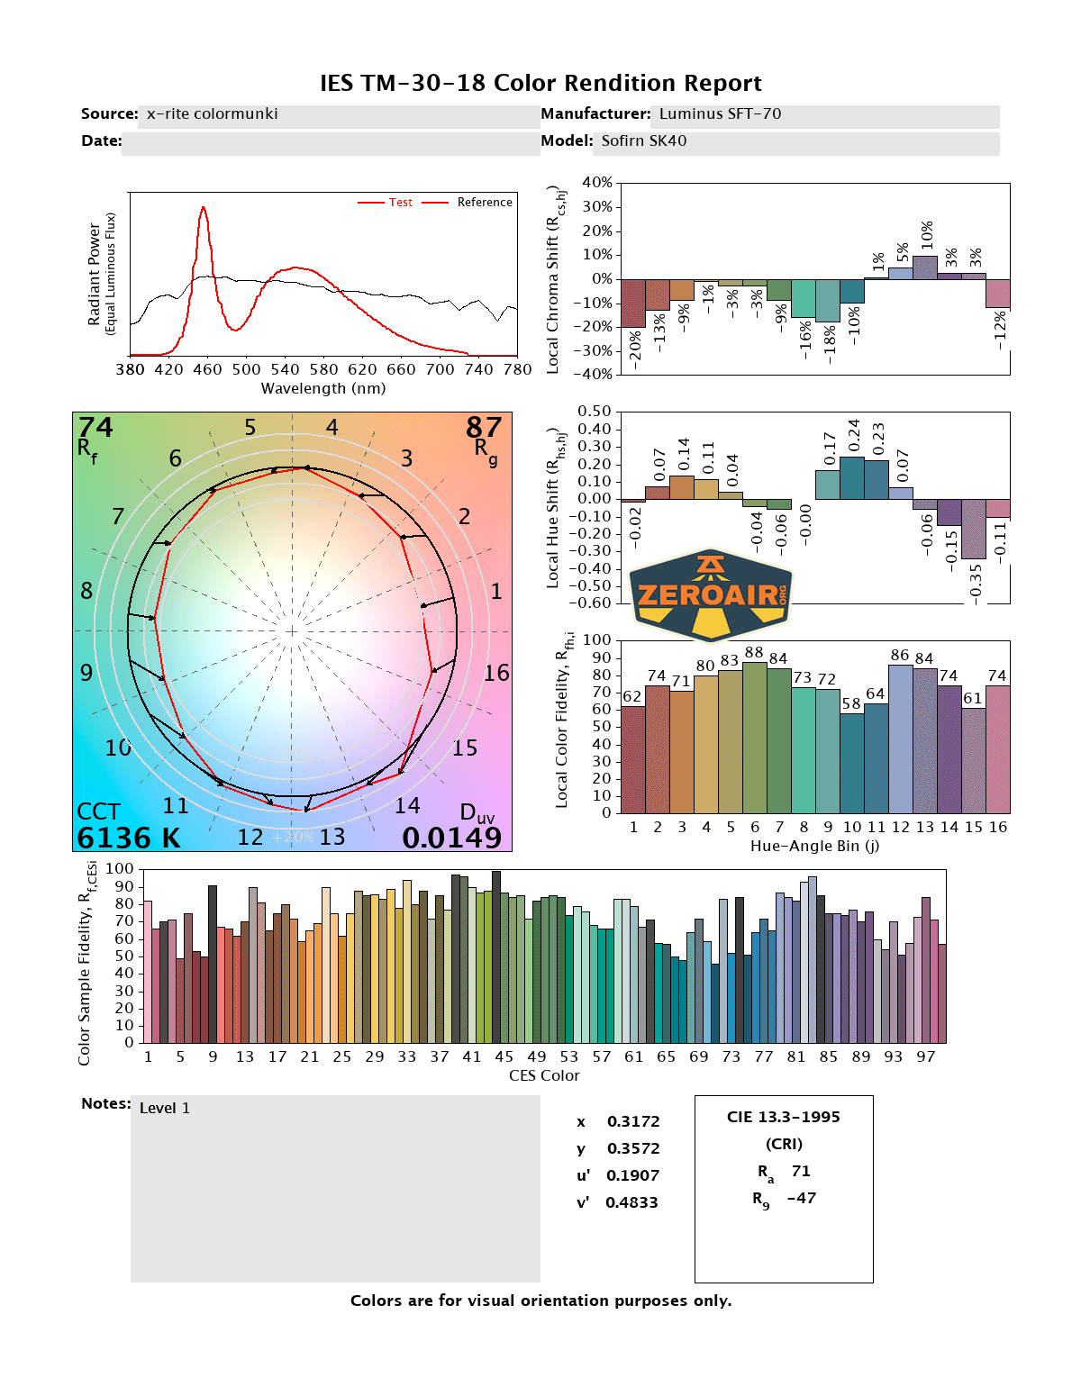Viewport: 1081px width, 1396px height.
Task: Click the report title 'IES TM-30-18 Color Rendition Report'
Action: [540, 83]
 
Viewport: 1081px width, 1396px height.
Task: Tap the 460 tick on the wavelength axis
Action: [207, 369]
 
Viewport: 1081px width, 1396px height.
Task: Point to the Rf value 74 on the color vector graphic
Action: [96, 427]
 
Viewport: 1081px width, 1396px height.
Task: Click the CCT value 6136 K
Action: [129, 838]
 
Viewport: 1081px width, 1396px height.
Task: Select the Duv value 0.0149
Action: [451, 838]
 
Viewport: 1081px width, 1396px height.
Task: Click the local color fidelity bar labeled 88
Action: [754, 738]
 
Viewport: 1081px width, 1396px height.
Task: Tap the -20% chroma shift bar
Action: [633, 303]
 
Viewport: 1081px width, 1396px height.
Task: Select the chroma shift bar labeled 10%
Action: [924, 267]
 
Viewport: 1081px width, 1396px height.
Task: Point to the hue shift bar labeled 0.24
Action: [851, 478]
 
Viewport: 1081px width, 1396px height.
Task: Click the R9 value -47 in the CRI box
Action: [801, 1198]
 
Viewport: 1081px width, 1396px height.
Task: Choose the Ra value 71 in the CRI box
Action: [801, 1171]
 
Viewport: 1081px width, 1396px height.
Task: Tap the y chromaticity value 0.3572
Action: [632, 1148]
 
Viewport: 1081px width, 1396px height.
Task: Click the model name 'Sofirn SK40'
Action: [643, 141]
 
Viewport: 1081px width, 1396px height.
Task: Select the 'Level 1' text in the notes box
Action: [165, 1108]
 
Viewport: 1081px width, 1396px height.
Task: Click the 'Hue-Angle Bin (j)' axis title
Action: [814, 846]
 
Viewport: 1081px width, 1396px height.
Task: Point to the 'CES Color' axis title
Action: [544, 1075]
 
